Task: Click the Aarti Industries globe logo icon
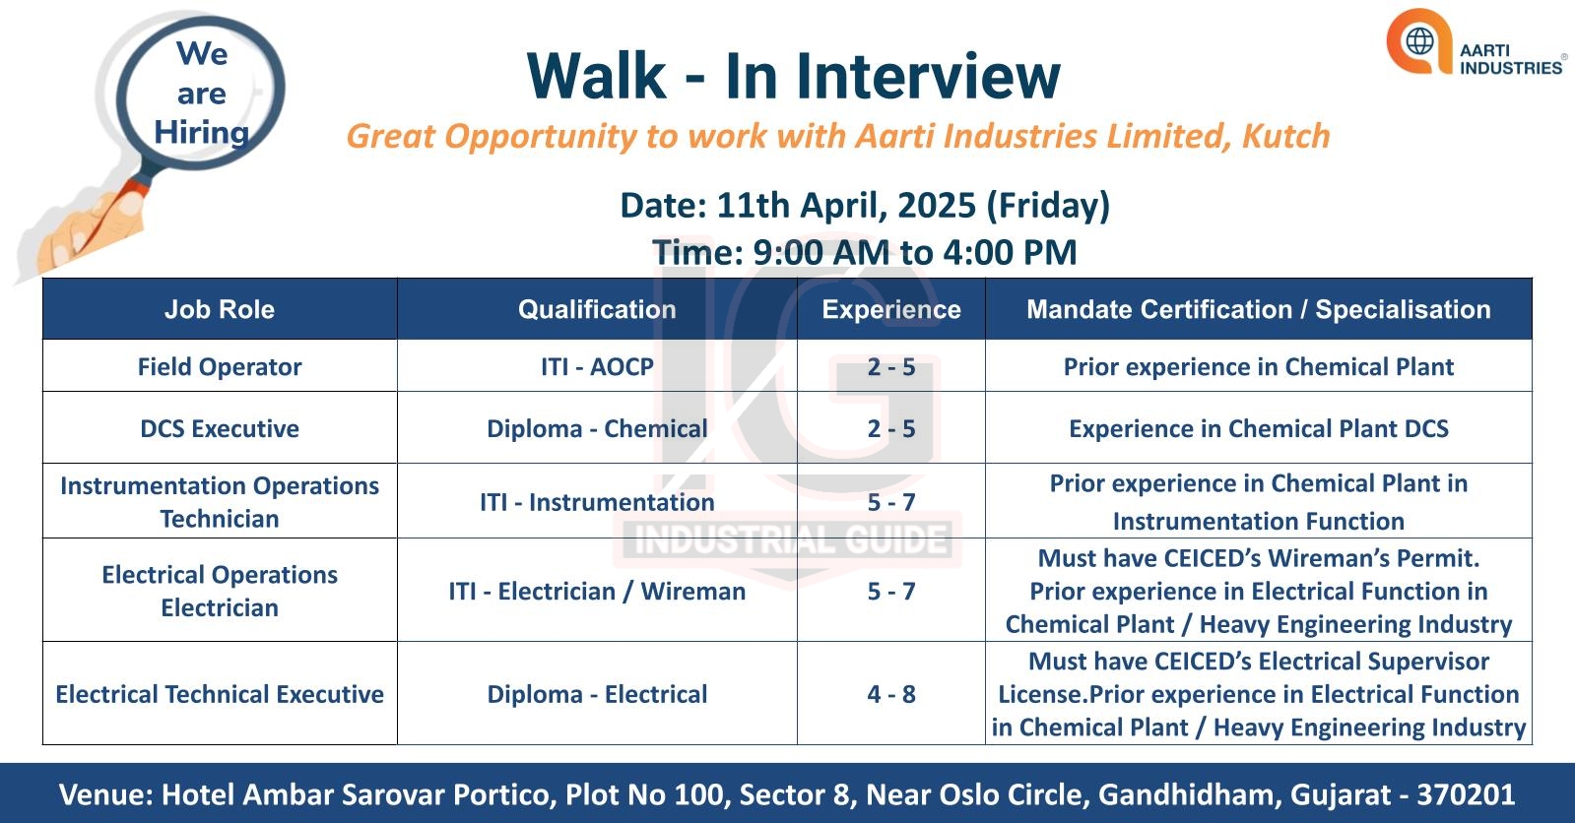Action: point(1419,40)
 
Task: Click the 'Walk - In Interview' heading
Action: point(793,76)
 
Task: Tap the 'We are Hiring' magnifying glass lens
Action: point(202,93)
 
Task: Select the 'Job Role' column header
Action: point(220,309)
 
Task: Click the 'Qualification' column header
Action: point(597,309)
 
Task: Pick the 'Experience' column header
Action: point(890,309)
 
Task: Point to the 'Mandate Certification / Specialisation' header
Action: point(1259,309)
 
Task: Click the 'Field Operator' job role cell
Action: point(220,366)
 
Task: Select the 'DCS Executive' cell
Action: point(220,428)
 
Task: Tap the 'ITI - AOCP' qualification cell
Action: point(597,366)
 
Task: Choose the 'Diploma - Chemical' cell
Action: point(597,428)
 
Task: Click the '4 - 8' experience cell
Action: point(890,694)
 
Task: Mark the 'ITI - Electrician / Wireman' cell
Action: point(597,591)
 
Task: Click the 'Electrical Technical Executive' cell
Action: point(220,694)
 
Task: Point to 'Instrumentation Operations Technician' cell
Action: point(220,502)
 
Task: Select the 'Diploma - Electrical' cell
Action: point(597,694)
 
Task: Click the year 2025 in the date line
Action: point(937,205)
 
